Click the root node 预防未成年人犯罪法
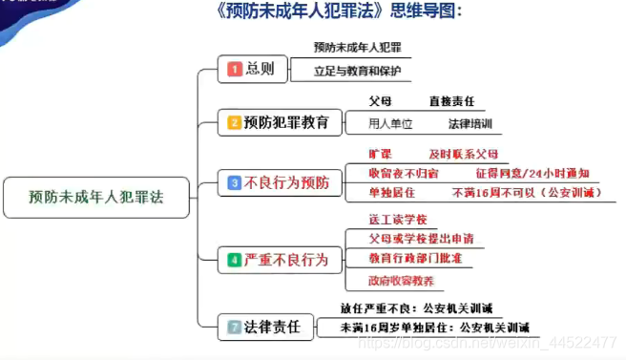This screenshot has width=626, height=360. pyautogui.click(x=95, y=198)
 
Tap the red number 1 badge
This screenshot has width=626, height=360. pyautogui.click(x=235, y=69)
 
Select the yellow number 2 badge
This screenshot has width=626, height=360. pyautogui.click(x=235, y=122)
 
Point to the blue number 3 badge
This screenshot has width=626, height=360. pyautogui.click(x=235, y=182)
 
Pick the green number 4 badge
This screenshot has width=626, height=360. pyautogui.click(x=235, y=260)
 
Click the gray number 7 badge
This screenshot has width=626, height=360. pyautogui.click(x=235, y=327)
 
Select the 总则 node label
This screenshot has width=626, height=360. pyautogui.click(x=260, y=69)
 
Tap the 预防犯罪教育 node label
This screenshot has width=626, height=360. pyautogui.click(x=286, y=122)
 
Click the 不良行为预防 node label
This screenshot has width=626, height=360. pyautogui.click(x=286, y=182)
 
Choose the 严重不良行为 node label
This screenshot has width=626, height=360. pyautogui.click(x=286, y=260)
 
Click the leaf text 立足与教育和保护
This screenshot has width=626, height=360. pyautogui.click(x=359, y=71)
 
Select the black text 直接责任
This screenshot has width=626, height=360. pyautogui.click(x=451, y=101)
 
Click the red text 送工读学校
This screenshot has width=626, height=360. pyautogui.click(x=398, y=220)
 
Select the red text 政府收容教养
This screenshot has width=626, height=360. pyautogui.click(x=402, y=281)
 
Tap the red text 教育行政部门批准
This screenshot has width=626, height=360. pyautogui.click(x=415, y=258)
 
